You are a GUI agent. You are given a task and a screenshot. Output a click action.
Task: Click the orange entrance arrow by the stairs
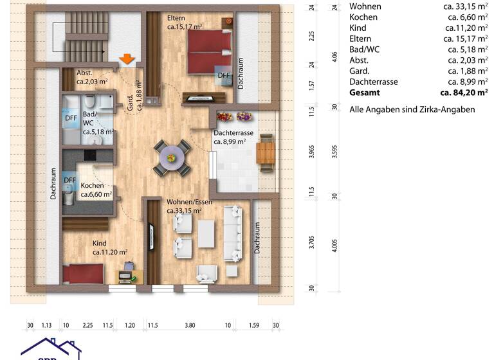(127, 60)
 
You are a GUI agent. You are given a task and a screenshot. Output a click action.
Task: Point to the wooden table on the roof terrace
(265, 154)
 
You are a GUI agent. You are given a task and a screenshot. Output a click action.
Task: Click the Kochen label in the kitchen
(92, 186)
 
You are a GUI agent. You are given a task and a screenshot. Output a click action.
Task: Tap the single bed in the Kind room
(84, 274)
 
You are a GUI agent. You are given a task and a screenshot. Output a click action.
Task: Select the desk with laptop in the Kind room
(127, 276)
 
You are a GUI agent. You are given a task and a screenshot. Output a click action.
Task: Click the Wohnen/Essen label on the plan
(189, 202)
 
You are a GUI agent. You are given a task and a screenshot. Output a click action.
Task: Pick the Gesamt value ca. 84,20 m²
(460, 93)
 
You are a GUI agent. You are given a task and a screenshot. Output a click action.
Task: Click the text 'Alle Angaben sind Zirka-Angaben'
(412, 109)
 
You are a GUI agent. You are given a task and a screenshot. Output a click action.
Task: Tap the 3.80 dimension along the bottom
(190, 325)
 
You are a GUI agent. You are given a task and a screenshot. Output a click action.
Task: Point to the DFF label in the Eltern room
(223, 75)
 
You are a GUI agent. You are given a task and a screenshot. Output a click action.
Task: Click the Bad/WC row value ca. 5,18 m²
(462, 50)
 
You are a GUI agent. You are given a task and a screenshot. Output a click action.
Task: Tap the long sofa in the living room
(233, 233)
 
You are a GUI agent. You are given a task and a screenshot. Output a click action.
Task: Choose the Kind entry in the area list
(358, 28)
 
